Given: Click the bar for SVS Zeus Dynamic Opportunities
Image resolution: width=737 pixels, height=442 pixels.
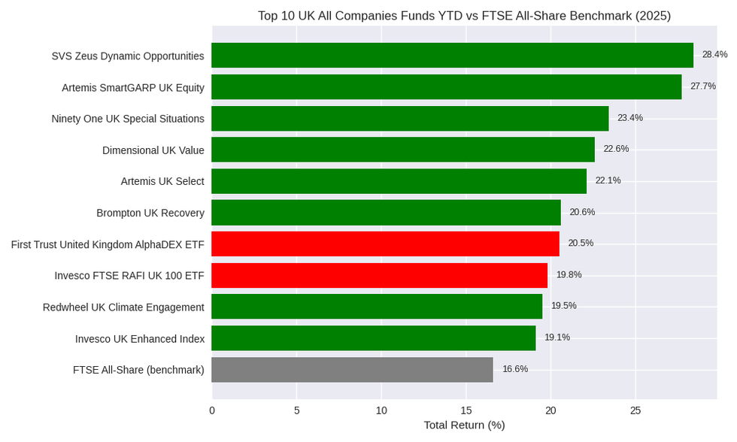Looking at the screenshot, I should (x=452, y=56).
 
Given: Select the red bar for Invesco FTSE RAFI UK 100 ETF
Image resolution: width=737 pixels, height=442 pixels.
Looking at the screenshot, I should (x=379, y=275).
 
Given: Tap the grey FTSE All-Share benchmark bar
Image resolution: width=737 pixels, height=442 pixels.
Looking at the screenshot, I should (x=352, y=370).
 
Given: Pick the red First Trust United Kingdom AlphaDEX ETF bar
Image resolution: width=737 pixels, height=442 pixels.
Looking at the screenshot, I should (x=385, y=244).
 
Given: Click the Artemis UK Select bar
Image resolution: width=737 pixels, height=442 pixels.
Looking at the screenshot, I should (x=399, y=181).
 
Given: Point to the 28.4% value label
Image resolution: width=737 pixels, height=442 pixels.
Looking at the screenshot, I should (x=714, y=55).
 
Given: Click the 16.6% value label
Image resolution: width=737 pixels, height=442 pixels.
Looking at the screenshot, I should (x=515, y=369).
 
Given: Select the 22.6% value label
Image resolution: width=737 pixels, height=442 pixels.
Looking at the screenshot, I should (x=616, y=149).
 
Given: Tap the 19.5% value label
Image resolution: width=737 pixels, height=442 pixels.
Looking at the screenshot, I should (x=564, y=306).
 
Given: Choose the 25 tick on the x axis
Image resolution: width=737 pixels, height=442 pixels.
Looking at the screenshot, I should (x=635, y=410).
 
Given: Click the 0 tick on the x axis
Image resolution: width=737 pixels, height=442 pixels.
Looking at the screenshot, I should (x=212, y=410).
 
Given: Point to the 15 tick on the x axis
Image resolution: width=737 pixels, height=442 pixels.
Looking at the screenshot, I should (x=466, y=410).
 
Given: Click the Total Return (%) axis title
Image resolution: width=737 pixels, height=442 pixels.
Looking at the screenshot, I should (x=464, y=425).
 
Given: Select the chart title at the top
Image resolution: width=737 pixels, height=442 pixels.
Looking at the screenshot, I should (x=464, y=16).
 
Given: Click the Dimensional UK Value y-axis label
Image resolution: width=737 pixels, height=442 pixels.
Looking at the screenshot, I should (x=153, y=150).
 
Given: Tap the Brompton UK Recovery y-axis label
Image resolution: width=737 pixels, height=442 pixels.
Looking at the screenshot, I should (x=150, y=213).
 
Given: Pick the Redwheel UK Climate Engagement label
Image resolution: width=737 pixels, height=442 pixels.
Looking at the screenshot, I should (x=123, y=307).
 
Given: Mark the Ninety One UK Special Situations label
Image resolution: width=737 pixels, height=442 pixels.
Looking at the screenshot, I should (x=128, y=119).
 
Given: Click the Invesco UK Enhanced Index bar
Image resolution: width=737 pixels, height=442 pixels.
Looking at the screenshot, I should (x=373, y=338).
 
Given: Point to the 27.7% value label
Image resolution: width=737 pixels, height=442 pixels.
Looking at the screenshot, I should (x=703, y=86).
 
